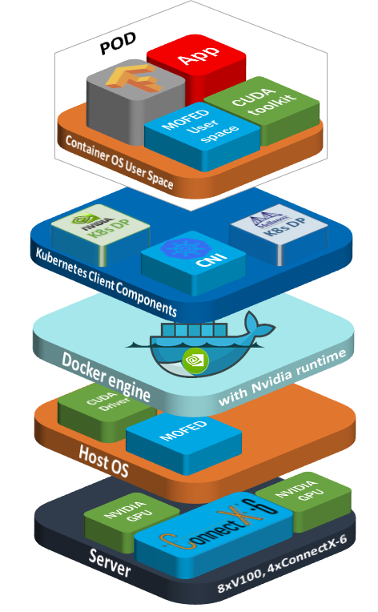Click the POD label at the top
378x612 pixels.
coord(119,46)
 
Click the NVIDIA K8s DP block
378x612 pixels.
coord(99,229)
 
